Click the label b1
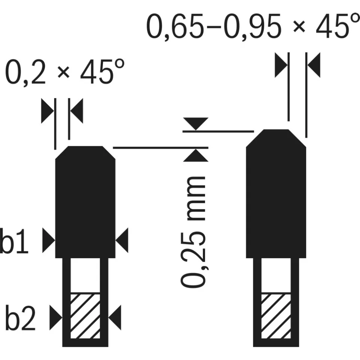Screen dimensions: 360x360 [14, 241]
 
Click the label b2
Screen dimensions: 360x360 [20, 318]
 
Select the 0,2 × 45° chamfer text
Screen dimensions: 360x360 [65, 71]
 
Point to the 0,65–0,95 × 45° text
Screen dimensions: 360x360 [253, 26]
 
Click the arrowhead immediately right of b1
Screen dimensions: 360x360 [49, 240]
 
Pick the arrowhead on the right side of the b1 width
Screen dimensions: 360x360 [122, 240]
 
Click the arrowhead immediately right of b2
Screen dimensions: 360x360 [56, 318]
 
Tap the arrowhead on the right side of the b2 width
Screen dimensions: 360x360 [115, 318]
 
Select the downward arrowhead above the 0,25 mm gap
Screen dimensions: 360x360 [196, 124]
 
